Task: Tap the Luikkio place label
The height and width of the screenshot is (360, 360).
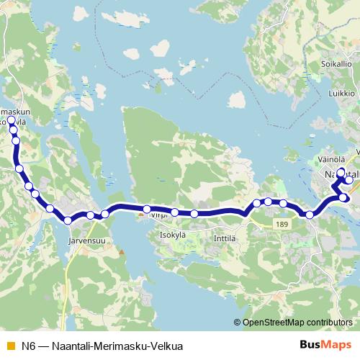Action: click(342, 94)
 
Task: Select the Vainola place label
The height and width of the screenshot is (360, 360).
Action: click(332, 159)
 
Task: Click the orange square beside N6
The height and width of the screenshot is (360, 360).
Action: click(9, 346)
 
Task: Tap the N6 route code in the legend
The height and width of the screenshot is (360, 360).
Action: click(28, 346)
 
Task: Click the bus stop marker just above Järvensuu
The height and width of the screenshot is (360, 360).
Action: click(68, 220)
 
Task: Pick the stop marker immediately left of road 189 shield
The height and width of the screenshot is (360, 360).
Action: click(284, 204)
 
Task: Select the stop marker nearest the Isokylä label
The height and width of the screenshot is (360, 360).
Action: click(175, 212)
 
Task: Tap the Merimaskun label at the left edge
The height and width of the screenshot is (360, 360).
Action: click(14, 112)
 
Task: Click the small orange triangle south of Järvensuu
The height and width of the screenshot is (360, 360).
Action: click(121, 252)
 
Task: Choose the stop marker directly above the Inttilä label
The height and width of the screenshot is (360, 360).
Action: click(194, 214)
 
